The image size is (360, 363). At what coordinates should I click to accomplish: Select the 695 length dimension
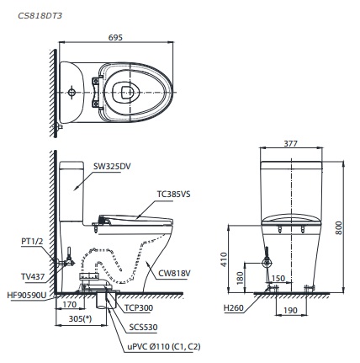[x=117, y=36]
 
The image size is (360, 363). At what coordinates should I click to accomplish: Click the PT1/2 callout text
[x=33, y=241]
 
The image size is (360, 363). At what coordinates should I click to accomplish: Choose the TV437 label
[x=34, y=275]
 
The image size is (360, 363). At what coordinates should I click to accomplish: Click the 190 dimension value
[x=289, y=310]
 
